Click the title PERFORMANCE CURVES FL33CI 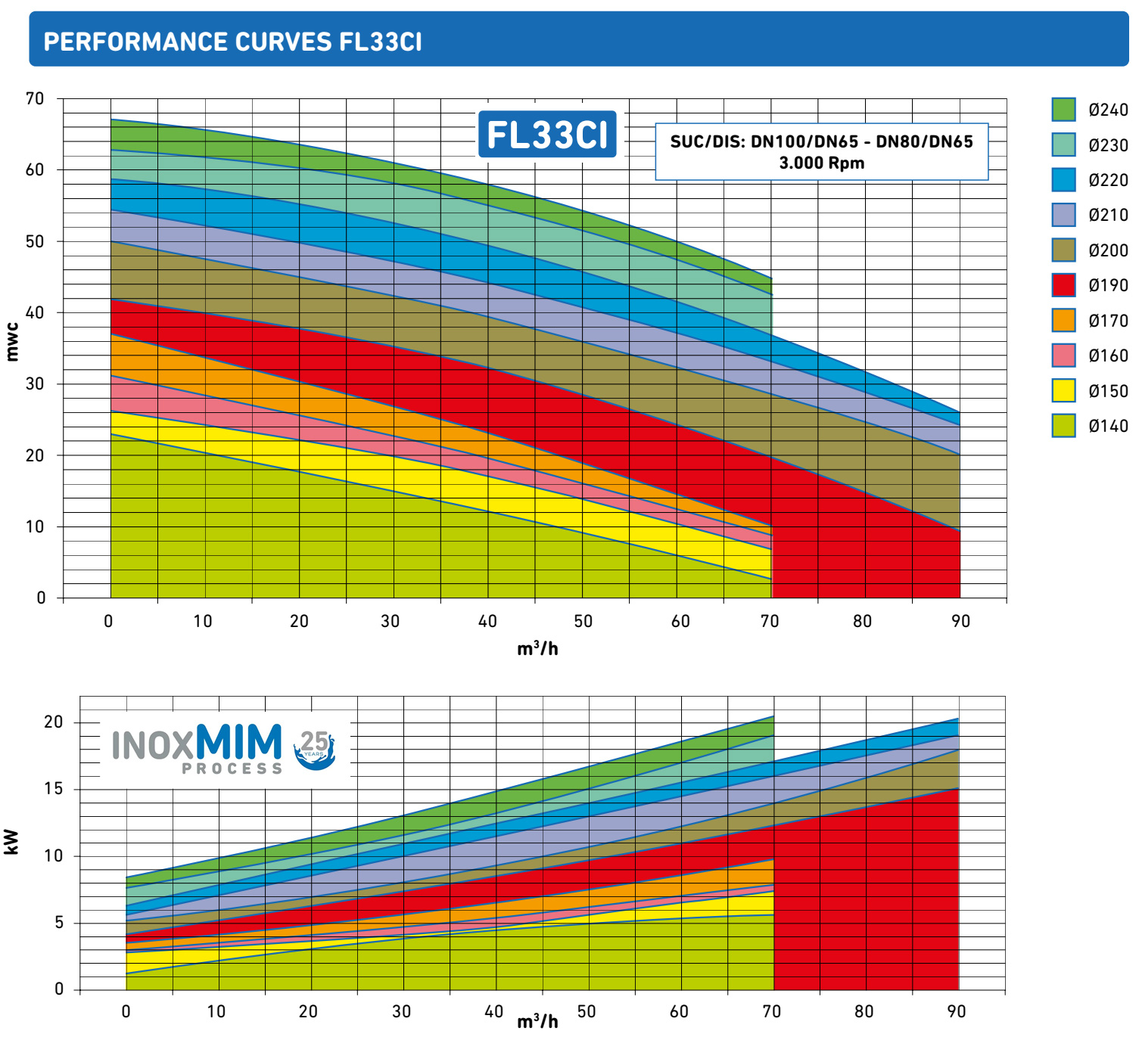click(x=232, y=41)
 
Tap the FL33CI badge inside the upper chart click(x=547, y=135)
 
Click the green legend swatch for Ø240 click(x=1063, y=110)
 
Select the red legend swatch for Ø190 click(x=1063, y=285)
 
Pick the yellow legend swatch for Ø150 click(x=1063, y=390)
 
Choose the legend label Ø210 click(x=1108, y=216)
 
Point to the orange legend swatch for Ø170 click(x=1063, y=321)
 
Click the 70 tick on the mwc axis click(x=35, y=98)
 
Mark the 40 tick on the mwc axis click(x=35, y=312)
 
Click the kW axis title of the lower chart click(x=12, y=842)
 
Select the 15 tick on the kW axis click(x=53, y=789)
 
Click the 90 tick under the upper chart click(x=960, y=622)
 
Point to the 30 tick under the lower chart click(x=401, y=1012)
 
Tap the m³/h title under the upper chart click(x=537, y=649)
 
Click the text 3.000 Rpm click(x=821, y=163)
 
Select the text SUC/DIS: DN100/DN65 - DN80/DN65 click(x=821, y=142)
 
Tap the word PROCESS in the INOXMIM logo click(x=232, y=769)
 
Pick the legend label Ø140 click(x=1108, y=427)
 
